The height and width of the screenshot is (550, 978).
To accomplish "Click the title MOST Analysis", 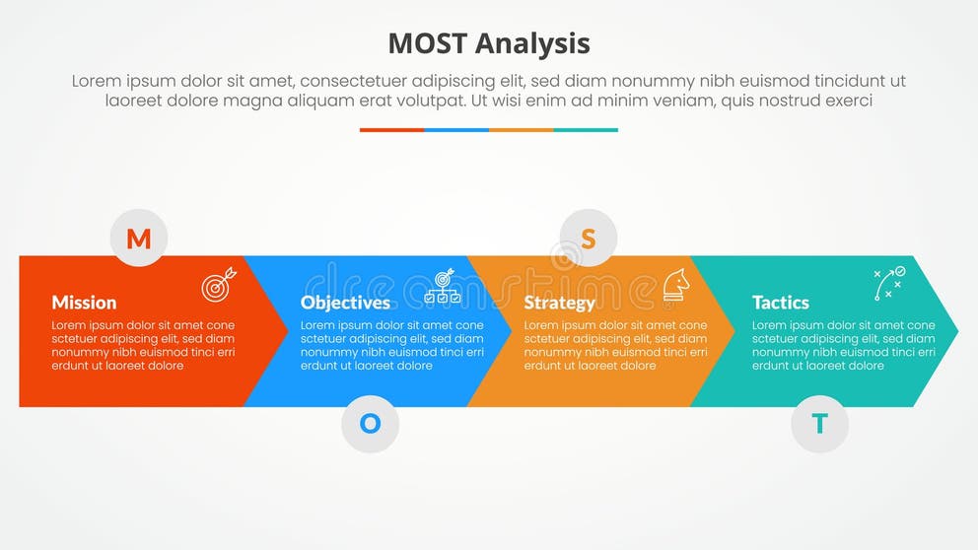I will click(488, 43).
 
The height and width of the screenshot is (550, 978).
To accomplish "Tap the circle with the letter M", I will click(139, 239).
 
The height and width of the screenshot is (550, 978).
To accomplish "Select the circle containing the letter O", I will click(370, 424).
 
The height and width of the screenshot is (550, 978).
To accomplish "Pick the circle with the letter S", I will click(589, 239).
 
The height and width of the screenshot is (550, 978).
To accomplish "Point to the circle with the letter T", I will click(819, 424).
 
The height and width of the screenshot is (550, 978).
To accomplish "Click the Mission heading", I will click(84, 303).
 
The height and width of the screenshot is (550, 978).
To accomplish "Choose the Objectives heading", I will click(345, 303).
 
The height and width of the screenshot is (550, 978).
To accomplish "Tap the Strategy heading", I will click(559, 303).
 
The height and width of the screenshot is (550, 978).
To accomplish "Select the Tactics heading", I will click(780, 303).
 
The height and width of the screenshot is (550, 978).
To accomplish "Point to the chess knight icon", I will click(675, 284).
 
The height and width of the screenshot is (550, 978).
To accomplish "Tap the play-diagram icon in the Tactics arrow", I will click(889, 284).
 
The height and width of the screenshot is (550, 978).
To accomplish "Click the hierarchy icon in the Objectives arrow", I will click(442, 286).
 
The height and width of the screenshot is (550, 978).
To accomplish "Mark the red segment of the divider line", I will click(391, 129).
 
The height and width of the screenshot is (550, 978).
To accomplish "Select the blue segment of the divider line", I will click(456, 129).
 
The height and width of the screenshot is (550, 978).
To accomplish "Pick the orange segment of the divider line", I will click(521, 129).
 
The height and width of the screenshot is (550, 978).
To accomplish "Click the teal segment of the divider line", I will click(586, 129).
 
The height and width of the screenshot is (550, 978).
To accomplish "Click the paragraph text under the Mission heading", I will click(143, 345).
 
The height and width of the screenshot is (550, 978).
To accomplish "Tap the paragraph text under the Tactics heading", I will click(843, 345).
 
